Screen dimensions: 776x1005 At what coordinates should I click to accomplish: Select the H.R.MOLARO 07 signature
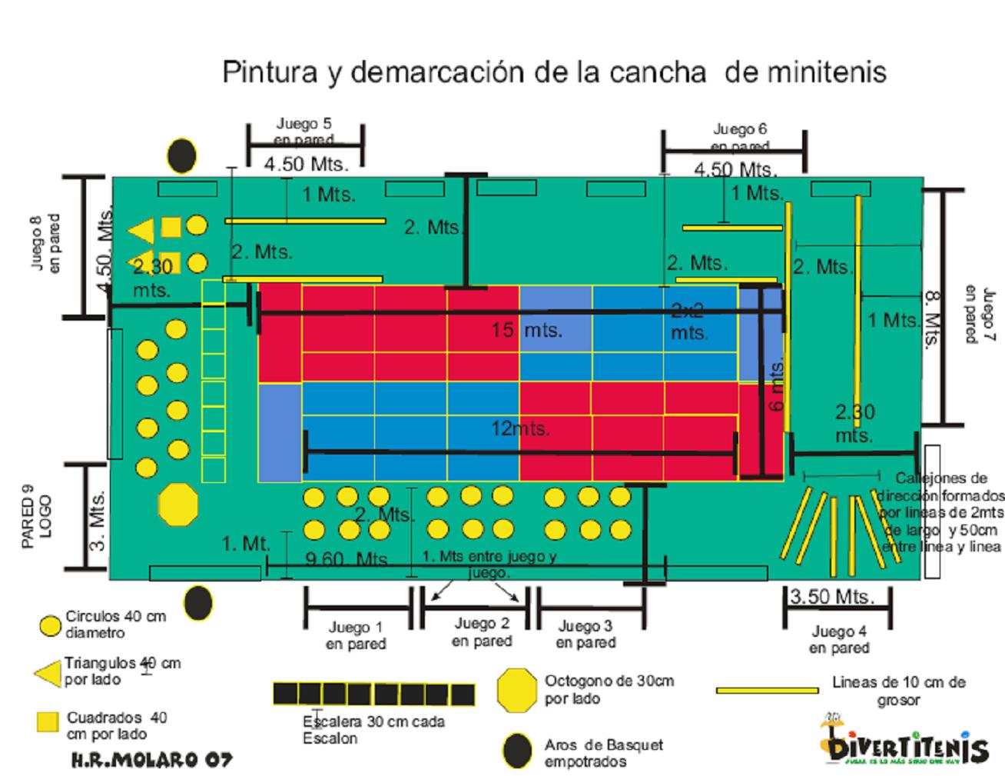pyautogui.click(x=151, y=760)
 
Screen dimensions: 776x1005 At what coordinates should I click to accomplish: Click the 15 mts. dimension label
pyautogui.click(x=527, y=331)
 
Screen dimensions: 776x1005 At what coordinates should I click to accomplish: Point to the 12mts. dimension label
pyautogui.click(x=520, y=428)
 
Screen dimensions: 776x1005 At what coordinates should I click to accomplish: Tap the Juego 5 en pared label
pyautogui.click(x=304, y=131)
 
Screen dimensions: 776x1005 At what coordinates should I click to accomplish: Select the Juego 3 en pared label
pyautogui.click(x=585, y=634)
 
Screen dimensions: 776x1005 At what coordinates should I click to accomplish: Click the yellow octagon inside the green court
pyautogui.click(x=178, y=505)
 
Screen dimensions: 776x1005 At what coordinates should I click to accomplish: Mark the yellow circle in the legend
pyautogui.click(x=50, y=625)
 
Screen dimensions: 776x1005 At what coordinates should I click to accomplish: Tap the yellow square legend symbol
pyautogui.click(x=48, y=722)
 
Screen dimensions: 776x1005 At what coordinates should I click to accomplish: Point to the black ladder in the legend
pyautogui.click(x=374, y=694)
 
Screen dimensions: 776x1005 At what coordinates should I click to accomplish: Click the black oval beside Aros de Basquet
pyautogui.click(x=517, y=751)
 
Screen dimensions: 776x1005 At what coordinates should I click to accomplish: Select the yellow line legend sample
pyautogui.click(x=767, y=690)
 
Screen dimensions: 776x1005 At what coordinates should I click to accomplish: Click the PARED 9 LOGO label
pyautogui.click(x=37, y=516)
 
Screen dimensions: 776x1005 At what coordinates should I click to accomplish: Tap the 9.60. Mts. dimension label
pyautogui.click(x=347, y=559)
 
